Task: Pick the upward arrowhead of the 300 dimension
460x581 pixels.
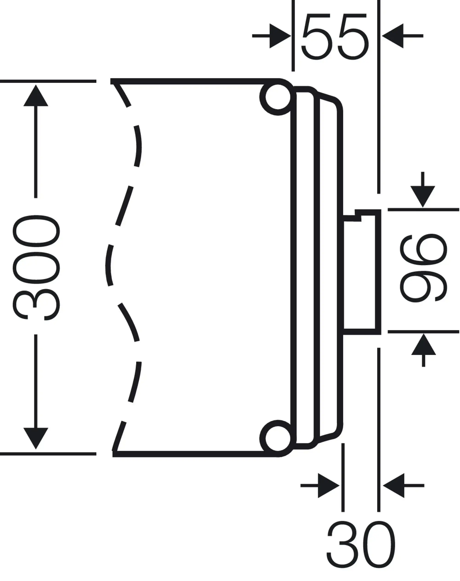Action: click(x=36, y=96)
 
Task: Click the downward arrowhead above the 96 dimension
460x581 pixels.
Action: click(x=423, y=197)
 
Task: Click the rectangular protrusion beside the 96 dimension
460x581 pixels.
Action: click(x=361, y=272)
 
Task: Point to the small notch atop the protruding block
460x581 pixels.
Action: click(x=358, y=215)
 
